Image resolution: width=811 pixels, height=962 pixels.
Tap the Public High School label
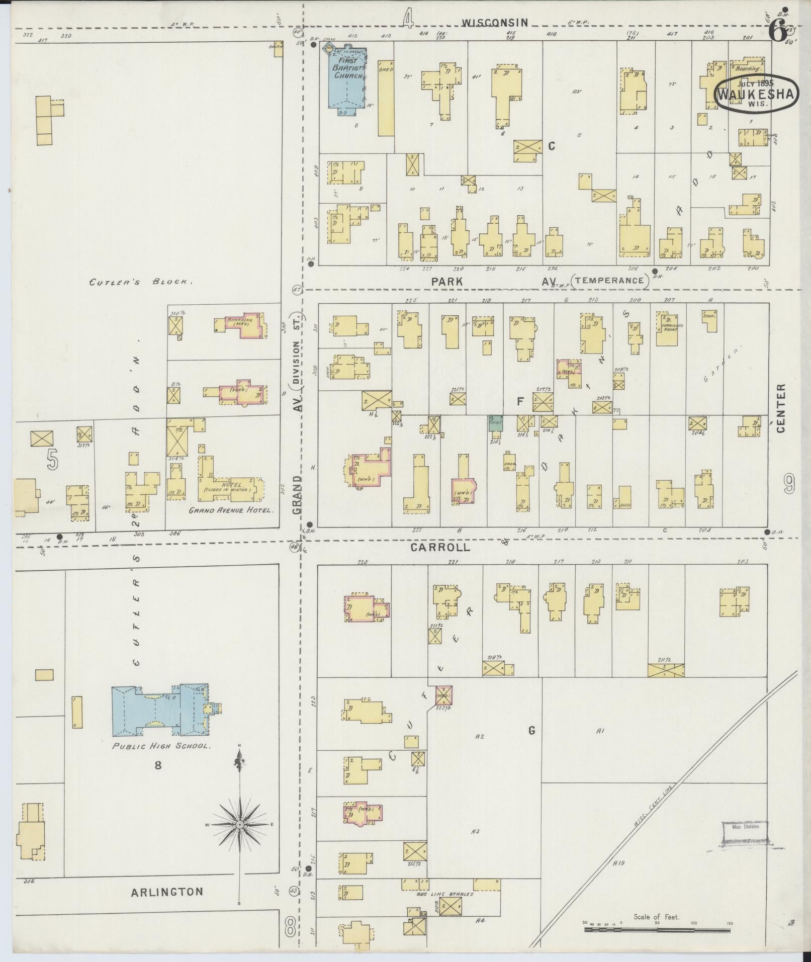[x=160, y=746]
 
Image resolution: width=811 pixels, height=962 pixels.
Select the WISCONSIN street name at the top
[x=495, y=23]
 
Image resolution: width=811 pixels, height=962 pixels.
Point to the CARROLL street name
[x=440, y=548]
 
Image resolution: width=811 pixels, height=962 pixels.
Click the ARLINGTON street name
[x=167, y=892]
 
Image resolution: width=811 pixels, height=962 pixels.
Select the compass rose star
[x=240, y=825]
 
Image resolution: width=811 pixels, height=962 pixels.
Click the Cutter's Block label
[x=141, y=283]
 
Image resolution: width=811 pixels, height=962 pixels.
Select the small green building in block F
[x=495, y=423]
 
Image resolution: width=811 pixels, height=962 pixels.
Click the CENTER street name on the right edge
[x=780, y=408]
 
